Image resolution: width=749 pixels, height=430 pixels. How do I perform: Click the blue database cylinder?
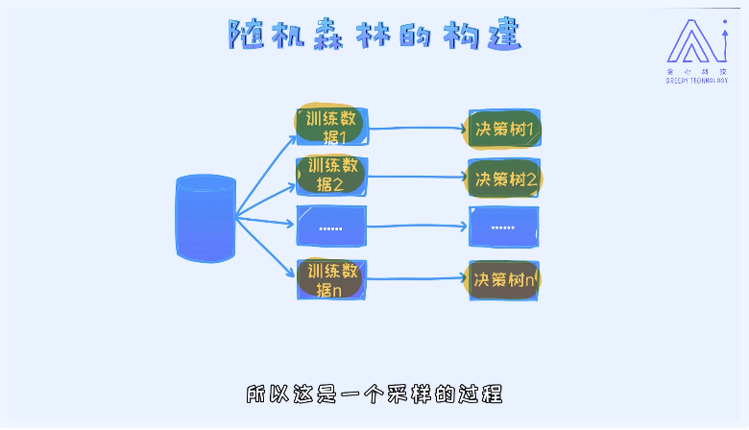[x=205, y=219]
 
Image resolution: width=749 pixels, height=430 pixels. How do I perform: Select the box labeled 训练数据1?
[x=331, y=127]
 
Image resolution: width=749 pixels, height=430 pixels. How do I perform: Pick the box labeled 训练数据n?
[x=331, y=278]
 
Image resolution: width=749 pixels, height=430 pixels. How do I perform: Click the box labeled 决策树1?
[x=504, y=128]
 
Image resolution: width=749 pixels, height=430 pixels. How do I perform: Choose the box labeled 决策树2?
[x=504, y=178]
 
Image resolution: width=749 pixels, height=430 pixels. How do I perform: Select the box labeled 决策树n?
[x=504, y=279]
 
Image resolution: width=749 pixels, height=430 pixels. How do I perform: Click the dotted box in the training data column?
[x=331, y=227]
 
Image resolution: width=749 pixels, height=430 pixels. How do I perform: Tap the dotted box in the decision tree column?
[x=504, y=227]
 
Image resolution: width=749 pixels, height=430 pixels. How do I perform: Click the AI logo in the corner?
[x=695, y=40]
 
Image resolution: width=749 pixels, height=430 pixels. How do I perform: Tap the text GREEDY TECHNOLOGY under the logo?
[x=696, y=81]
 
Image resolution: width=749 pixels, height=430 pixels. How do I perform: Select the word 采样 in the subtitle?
[x=403, y=394]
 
